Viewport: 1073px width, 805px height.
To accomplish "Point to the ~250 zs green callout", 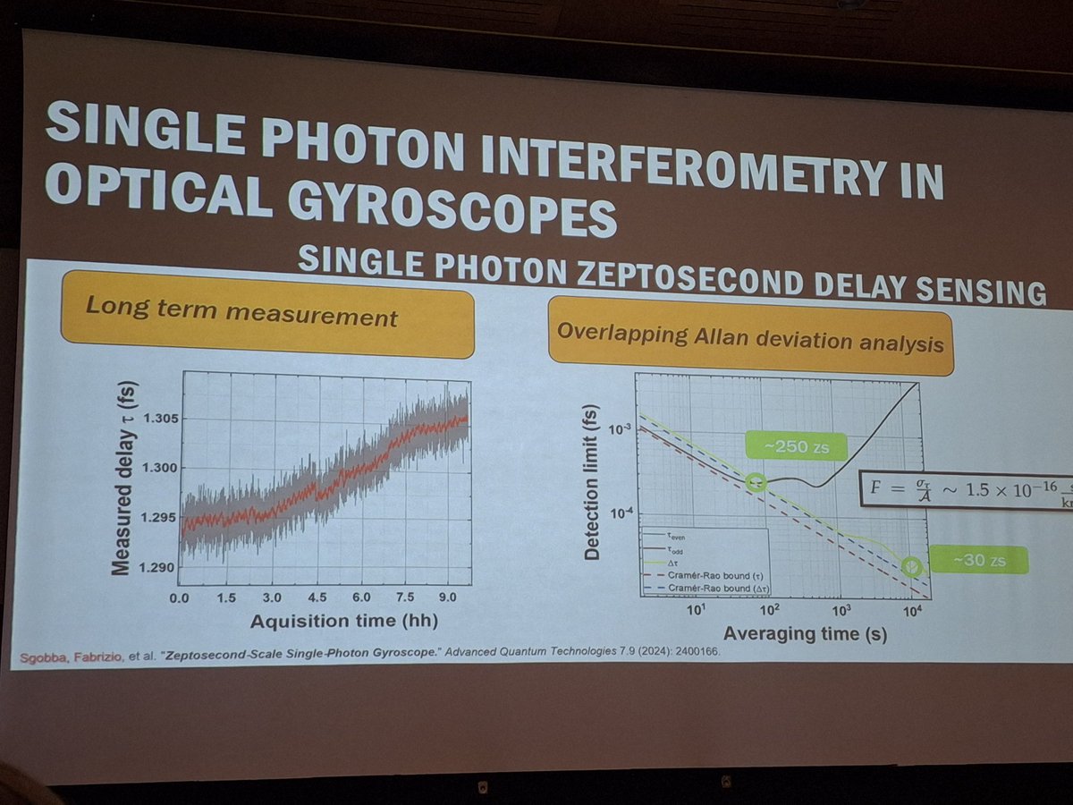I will click(796, 445).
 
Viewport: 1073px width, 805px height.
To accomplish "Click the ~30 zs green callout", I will click(978, 560).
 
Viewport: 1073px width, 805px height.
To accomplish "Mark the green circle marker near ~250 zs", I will click(756, 482).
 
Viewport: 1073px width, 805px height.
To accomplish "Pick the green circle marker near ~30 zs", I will click(910, 565).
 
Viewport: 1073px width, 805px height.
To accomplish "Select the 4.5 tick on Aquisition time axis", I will click(318, 597).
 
